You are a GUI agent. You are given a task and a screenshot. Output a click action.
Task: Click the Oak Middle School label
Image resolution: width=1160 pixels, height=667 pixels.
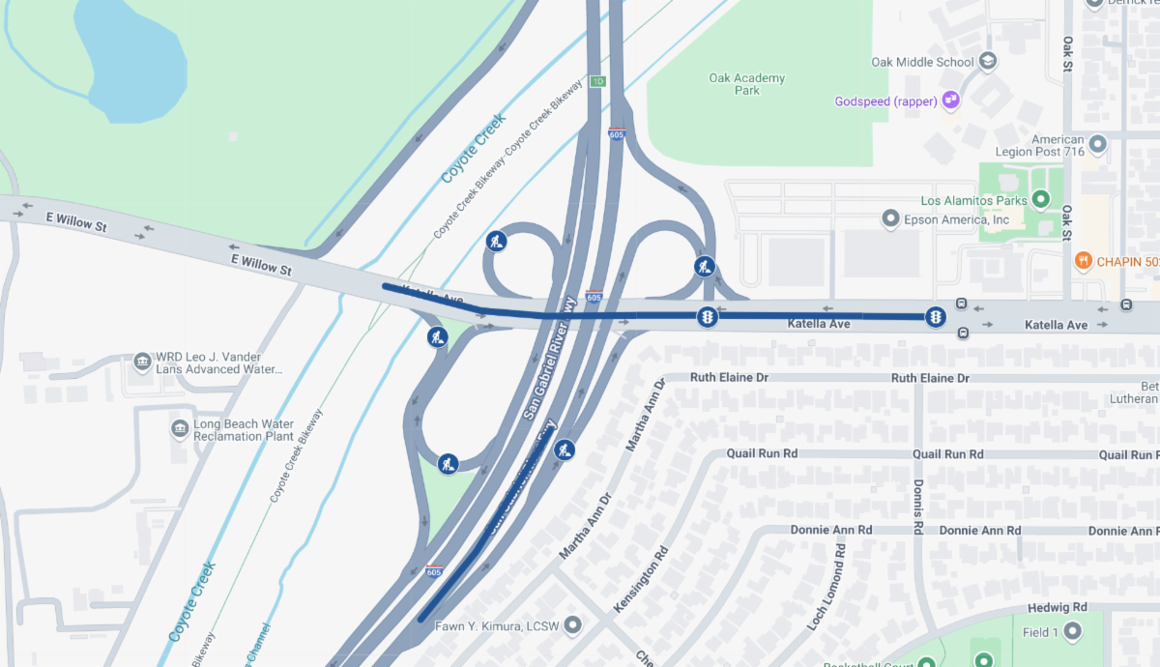(922, 62)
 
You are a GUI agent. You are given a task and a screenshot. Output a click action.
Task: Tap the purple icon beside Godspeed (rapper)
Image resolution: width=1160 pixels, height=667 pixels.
(951, 100)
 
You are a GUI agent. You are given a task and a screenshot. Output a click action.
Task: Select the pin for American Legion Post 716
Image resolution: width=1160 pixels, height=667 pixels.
(1096, 145)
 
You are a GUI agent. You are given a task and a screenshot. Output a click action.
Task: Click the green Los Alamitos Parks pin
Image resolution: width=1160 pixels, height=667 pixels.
(1041, 201)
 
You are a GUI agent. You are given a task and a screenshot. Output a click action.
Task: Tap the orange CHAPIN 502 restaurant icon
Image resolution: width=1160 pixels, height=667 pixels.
(1084, 261)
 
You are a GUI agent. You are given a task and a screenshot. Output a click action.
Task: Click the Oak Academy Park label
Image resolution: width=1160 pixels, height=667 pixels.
(746, 84)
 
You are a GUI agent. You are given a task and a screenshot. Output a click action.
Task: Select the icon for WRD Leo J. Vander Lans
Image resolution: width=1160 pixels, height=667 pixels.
(142, 362)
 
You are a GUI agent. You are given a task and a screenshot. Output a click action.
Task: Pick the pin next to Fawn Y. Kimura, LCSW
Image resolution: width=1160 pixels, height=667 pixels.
(573, 624)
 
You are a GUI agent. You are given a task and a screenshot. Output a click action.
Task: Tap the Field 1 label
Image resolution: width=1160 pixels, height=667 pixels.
(1040, 632)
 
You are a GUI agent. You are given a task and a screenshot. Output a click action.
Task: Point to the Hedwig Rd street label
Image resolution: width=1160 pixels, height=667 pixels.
(1060, 607)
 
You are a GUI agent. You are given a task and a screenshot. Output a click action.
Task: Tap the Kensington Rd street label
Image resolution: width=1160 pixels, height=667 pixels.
(641, 580)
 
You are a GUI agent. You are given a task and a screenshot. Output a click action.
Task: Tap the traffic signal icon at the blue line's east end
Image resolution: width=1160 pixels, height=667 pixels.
(935, 316)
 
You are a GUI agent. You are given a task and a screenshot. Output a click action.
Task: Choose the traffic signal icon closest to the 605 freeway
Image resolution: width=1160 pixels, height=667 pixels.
(708, 316)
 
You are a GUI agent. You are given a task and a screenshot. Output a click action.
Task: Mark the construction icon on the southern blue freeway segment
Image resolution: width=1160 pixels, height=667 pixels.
(565, 449)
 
